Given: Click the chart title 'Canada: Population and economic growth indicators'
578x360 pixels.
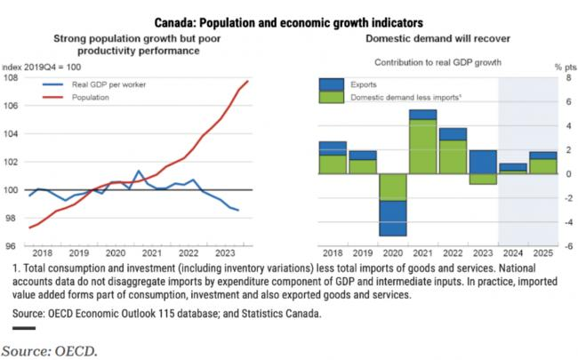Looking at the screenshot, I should coord(288,20).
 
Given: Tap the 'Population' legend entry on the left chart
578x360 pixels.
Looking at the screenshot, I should coord(91,97).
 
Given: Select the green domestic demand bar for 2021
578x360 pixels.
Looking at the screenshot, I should coord(422,146).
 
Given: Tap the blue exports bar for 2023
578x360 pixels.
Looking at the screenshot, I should coord(483,162).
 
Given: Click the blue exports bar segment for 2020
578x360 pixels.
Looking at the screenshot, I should coord(392,218).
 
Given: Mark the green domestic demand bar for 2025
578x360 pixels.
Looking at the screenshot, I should coord(543,166).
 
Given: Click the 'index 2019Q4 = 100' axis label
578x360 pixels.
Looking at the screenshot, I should coord(42,67).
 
